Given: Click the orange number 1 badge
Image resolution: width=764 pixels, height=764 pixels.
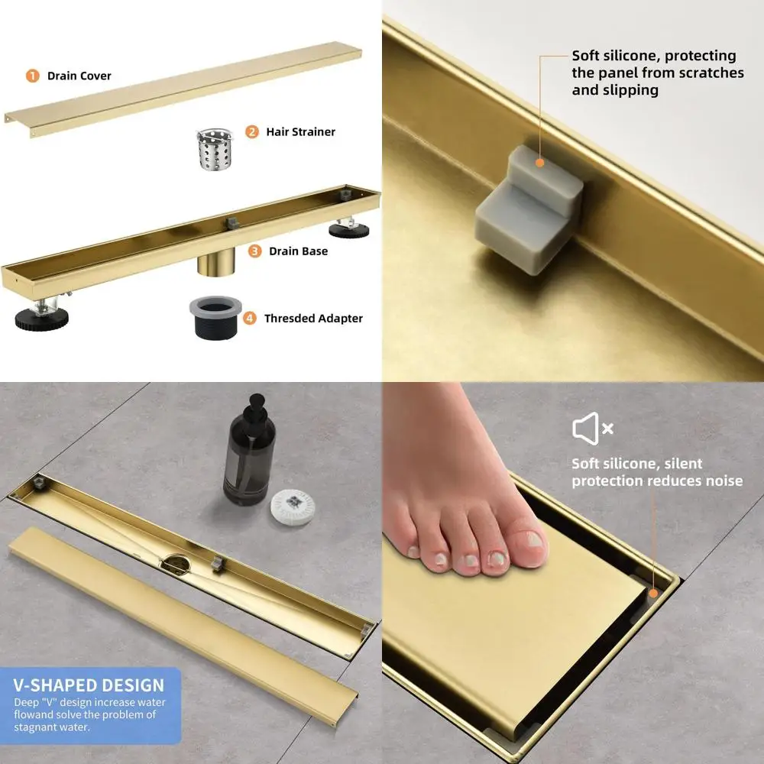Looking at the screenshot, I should click(32, 76).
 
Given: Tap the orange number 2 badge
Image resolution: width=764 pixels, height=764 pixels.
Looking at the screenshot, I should click(252, 131).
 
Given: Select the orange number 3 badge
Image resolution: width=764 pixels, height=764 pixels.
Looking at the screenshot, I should click(255, 251).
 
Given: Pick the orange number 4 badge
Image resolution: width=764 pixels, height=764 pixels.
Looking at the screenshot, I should click(250, 318).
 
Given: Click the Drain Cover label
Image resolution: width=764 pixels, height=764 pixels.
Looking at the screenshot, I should click(79, 76).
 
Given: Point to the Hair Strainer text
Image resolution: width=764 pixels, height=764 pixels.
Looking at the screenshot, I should click(300, 131).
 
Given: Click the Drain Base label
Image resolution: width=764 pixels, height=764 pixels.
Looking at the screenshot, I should click(298, 251).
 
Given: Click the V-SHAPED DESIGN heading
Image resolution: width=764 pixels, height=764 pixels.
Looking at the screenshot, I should click(89, 685).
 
